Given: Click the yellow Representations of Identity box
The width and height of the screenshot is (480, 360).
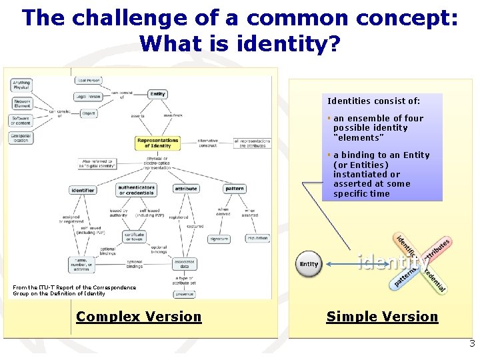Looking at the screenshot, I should (158, 143).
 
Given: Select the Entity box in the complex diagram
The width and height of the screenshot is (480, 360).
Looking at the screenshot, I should (158, 94).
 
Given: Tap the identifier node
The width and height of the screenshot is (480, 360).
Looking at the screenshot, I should (83, 190).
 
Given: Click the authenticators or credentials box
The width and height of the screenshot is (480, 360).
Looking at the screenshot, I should (137, 190).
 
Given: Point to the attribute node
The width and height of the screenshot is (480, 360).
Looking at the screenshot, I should (186, 189).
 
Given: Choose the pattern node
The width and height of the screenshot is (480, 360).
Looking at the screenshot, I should (235, 189).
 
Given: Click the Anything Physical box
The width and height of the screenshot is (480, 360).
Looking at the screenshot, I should (21, 85).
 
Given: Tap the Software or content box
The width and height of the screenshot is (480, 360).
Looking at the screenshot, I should (21, 120).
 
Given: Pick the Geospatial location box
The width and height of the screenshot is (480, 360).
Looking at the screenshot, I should (21, 137).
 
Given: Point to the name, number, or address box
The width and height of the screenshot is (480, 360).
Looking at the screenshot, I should (81, 265).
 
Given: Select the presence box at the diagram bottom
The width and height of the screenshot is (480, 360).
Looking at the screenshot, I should (184, 293).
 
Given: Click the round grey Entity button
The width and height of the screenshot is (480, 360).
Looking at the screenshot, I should (309, 264).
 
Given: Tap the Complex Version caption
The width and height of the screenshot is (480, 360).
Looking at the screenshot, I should (139, 317).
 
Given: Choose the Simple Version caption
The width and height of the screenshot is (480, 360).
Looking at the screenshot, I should (382, 317).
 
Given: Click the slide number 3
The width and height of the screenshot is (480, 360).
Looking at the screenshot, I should (472, 345).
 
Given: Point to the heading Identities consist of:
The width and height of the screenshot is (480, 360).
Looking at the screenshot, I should (374, 101).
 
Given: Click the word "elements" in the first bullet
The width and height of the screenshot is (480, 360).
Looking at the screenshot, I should (359, 137).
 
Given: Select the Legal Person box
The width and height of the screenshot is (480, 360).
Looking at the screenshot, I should (89, 96).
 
